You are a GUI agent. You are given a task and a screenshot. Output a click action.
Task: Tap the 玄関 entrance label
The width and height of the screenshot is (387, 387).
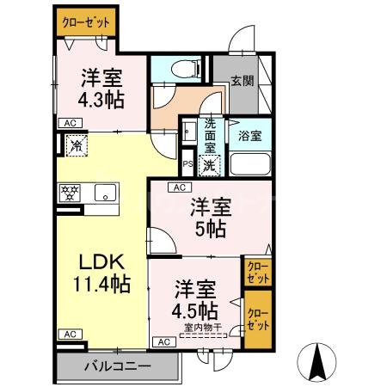tap(242, 83)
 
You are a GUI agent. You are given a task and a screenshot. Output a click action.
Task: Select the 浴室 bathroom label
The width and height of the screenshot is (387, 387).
tap(250, 135)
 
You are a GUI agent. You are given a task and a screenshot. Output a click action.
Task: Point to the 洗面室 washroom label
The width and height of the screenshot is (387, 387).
tap(209, 135)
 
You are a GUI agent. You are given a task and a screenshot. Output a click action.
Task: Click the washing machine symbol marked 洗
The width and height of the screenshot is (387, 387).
tap(209, 163)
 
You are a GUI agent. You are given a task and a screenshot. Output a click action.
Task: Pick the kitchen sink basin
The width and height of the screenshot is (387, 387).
tap(105, 193)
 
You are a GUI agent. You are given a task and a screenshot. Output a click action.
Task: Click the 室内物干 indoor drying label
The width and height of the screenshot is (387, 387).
tap(204, 326)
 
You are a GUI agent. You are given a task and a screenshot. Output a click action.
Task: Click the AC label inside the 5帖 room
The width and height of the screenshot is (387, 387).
tap(180, 187)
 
